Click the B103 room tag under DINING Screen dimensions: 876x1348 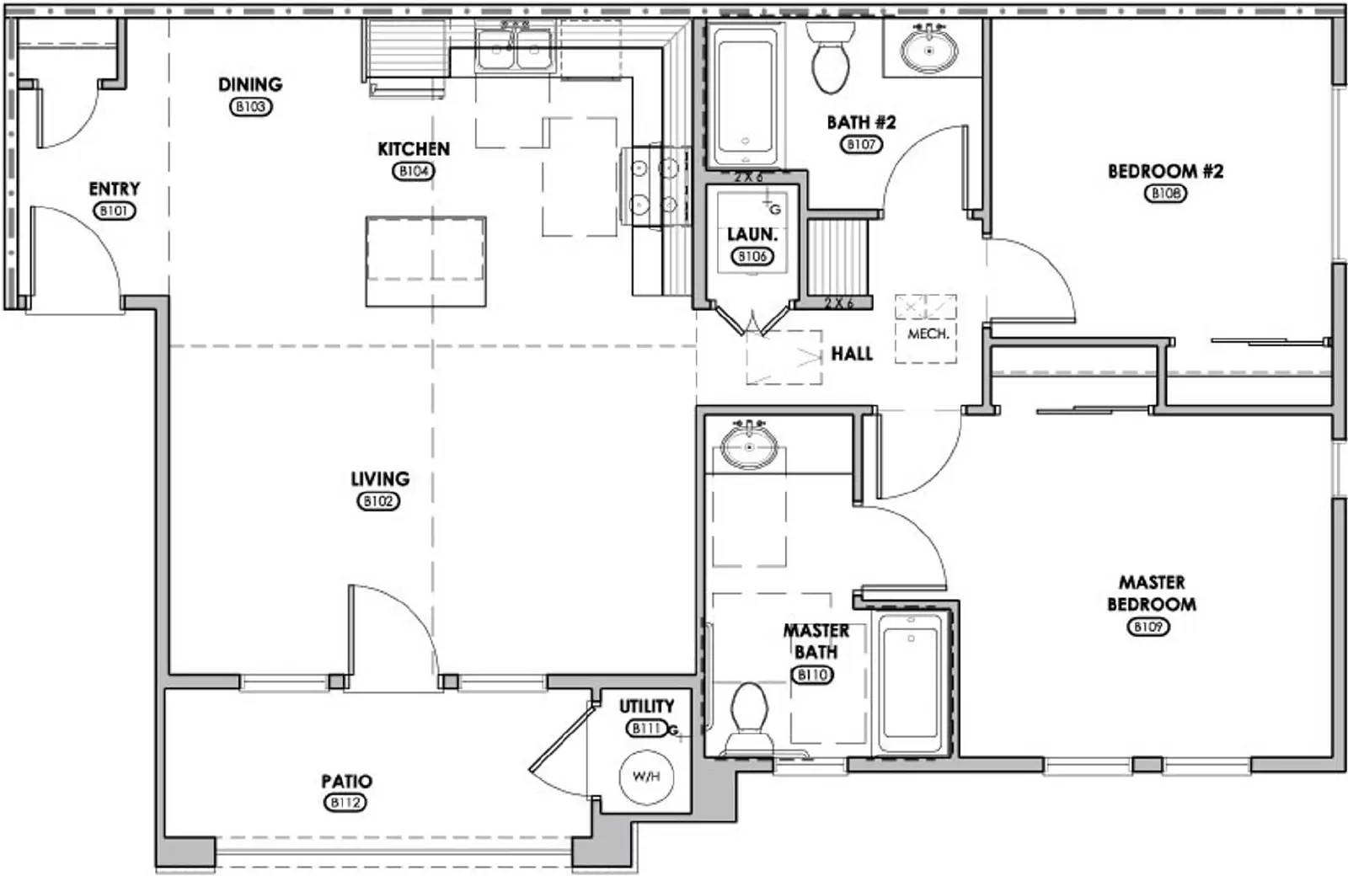click(x=250, y=107)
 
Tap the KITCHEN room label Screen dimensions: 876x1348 click(x=413, y=149)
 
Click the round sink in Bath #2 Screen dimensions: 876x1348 click(x=929, y=51)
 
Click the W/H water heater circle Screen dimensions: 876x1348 click(x=646, y=777)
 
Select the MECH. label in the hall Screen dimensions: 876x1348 click(x=928, y=334)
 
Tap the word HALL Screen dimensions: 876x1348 click(x=852, y=354)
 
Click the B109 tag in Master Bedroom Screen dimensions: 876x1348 click(x=1148, y=627)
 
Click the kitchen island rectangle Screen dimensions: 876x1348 click(x=426, y=261)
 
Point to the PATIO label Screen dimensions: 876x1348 click(x=346, y=782)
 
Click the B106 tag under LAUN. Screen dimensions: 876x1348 click(x=752, y=256)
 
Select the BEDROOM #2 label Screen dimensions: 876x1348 click(x=1165, y=171)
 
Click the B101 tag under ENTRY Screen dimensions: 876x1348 click(x=114, y=211)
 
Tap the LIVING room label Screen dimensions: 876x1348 click(x=380, y=478)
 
